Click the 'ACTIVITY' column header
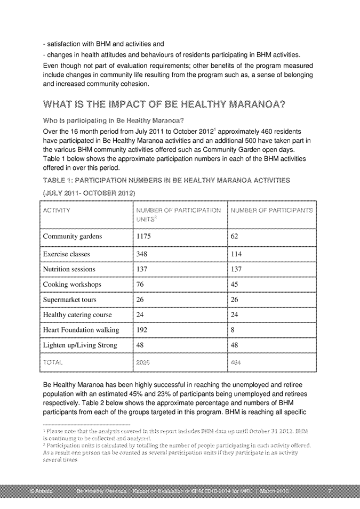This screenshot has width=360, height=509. pyautogui.click(x=59, y=211)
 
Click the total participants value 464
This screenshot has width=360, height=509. pyautogui.click(x=237, y=362)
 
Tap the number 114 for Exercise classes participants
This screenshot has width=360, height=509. pyautogui.click(x=236, y=254)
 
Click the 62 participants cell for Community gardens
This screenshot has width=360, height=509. pyautogui.click(x=235, y=236)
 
